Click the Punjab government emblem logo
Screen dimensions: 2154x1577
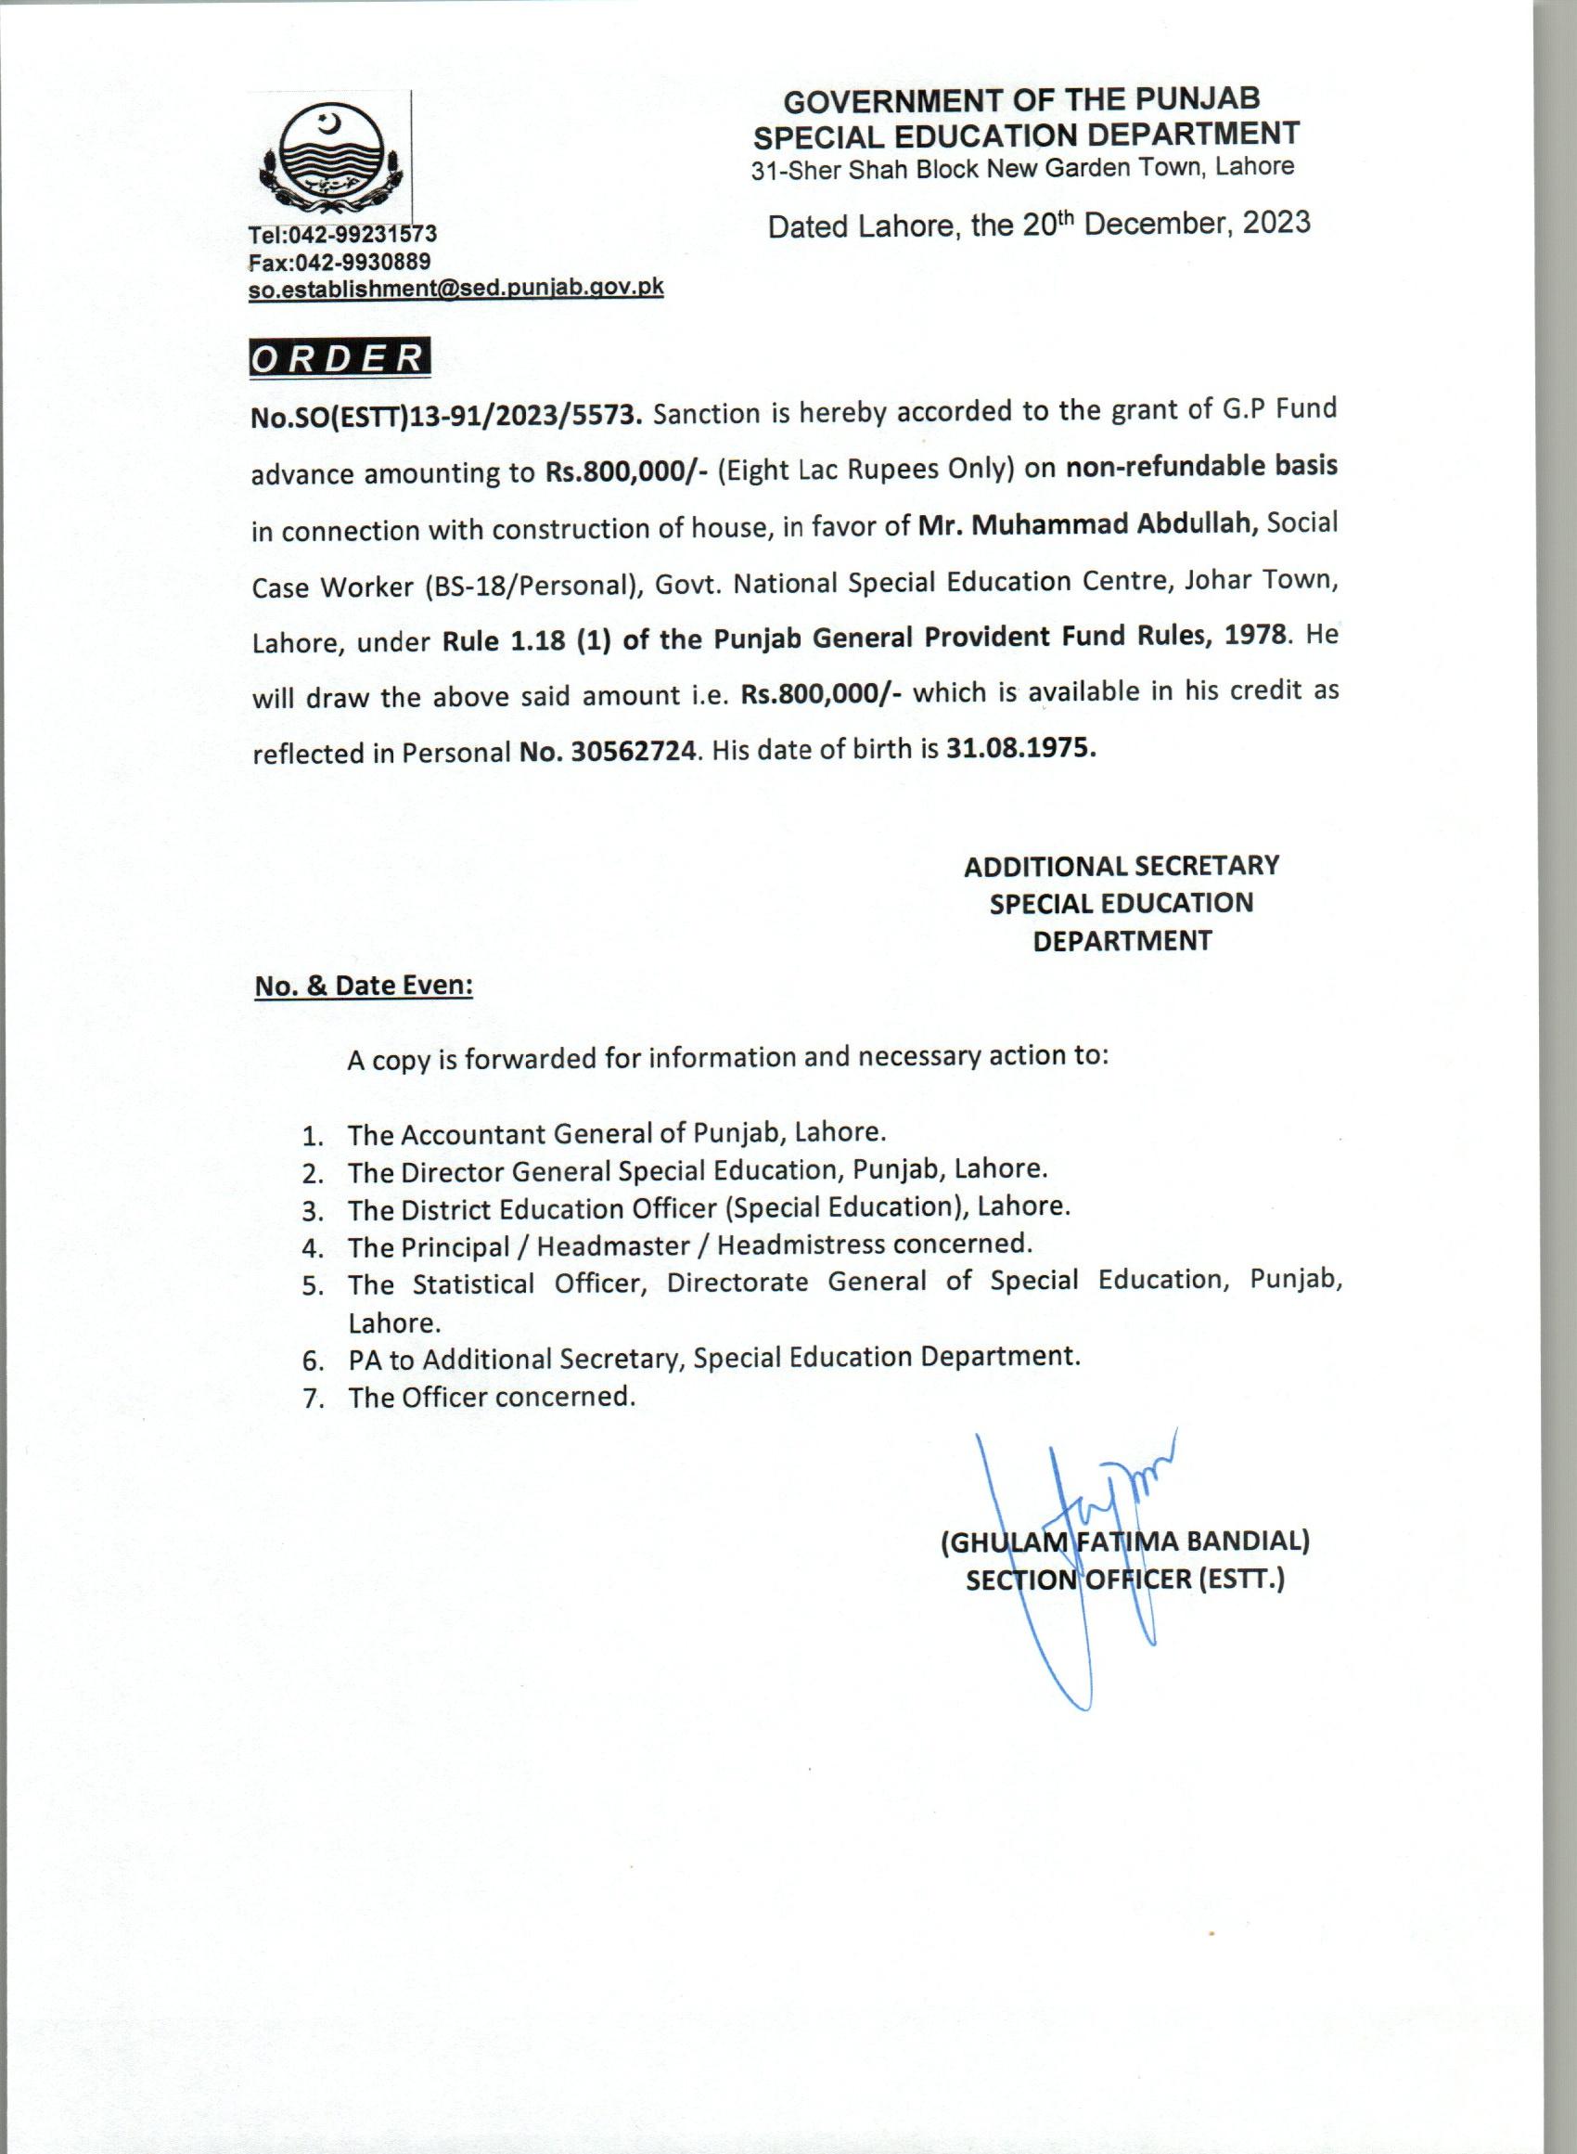pyautogui.click(x=330, y=159)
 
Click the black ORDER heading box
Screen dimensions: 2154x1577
pyautogui.click(x=339, y=357)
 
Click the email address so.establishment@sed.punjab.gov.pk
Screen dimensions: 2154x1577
pyautogui.click(x=455, y=288)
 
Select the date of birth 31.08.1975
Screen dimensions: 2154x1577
pyautogui.click(x=1020, y=748)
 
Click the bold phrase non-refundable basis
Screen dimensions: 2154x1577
pyautogui.click(x=1202, y=467)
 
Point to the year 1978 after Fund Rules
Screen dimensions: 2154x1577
pyautogui.click(x=1252, y=637)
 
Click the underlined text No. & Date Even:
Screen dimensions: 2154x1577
pyautogui.click(x=364, y=986)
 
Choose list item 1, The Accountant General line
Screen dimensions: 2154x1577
pyautogui.click(x=617, y=1133)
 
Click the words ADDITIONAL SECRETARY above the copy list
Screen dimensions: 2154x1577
pyautogui.click(x=1121, y=866)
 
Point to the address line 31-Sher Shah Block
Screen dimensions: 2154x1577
pyautogui.click(x=1021, y=169)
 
